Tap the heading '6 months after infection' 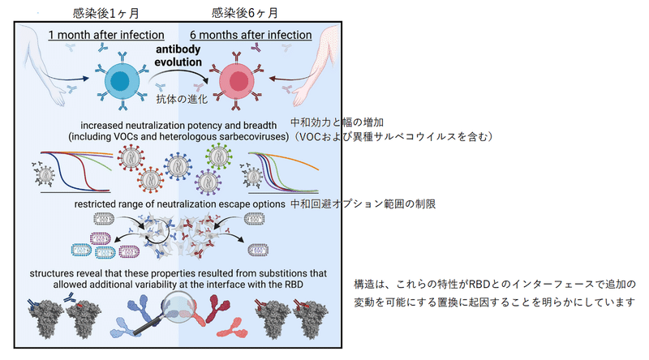coord(251,36)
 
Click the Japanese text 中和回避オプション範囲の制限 coord(363,204)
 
